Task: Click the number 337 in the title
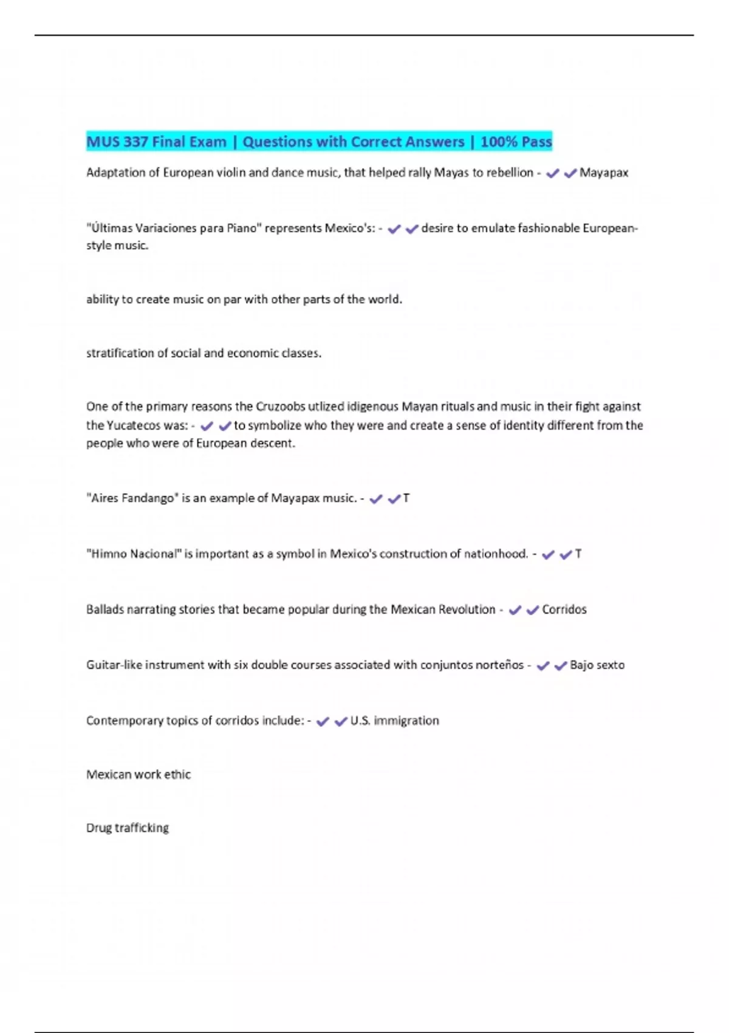[x=135, y=142]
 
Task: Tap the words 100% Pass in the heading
[x=516, y=142]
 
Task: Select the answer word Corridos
[x=564, y=609]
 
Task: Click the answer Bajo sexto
[x=597, y=665]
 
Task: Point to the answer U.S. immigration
[x=394, y=721]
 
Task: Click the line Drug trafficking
[x=128, y=828]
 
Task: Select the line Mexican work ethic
[x=139, y=774]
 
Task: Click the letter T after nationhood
[x=578, y=554]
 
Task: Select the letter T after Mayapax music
[x=406, y=498]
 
